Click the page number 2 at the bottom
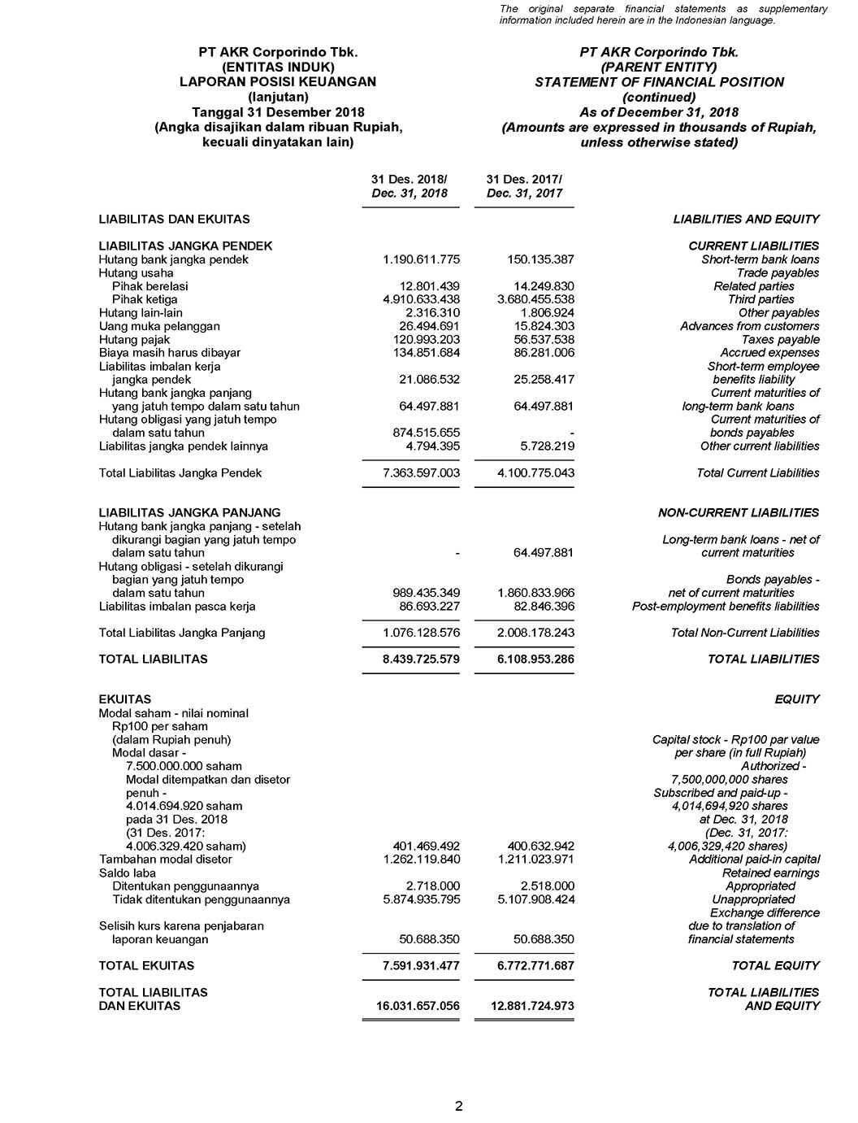459,1106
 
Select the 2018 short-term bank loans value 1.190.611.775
421,259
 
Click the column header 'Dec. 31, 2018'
409,194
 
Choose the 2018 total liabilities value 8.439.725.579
421,659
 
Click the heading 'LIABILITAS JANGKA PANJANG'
189,512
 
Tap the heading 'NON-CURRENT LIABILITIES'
738,512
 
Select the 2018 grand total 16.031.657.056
418,1006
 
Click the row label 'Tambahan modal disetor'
165,859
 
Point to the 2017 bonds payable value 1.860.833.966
535,593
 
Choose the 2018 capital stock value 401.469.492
426,846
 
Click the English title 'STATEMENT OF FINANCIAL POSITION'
659,82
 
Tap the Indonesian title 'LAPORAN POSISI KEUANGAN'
278,82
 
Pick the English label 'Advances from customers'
749,326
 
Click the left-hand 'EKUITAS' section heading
124,699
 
